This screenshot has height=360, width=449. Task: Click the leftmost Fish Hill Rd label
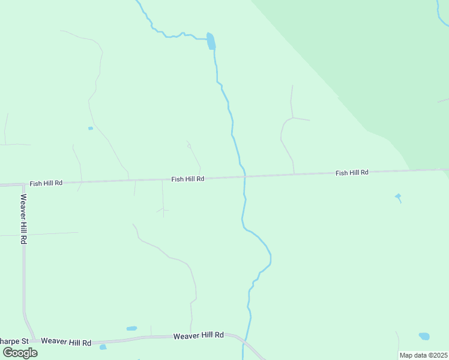(x=46, y=182)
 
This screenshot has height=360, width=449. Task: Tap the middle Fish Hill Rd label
(x=188, y=179)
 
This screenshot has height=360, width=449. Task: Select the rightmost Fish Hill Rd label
(x=352, y=173)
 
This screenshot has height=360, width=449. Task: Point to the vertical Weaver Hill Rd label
(x=23, y=218)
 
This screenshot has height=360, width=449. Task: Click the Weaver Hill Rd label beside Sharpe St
(x=67, y=343)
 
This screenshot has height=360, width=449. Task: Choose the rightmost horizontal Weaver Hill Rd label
(x=198, y=335)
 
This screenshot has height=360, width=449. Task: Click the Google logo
(x=20, y=353)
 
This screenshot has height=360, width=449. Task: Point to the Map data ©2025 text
(x=423, y=355)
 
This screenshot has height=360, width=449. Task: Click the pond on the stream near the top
(x=211, y=41)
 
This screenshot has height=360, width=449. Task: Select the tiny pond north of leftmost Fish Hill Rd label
(x=91, y=128)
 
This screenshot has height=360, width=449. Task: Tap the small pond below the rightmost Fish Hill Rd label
(x=397, y=196)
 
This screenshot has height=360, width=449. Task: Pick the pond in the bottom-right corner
(x=424, y=336)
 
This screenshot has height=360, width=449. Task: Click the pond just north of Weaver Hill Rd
(x=131, y=328)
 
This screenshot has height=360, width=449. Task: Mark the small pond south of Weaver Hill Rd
(x=103, y=347)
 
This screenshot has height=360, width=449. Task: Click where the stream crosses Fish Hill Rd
(x=244, y=177)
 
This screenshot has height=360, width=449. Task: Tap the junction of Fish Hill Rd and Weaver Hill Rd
(x=23, y=185)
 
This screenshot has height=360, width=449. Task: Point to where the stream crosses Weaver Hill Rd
(x=245, y=340)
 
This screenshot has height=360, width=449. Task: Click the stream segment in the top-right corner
(x=442, y=18)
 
